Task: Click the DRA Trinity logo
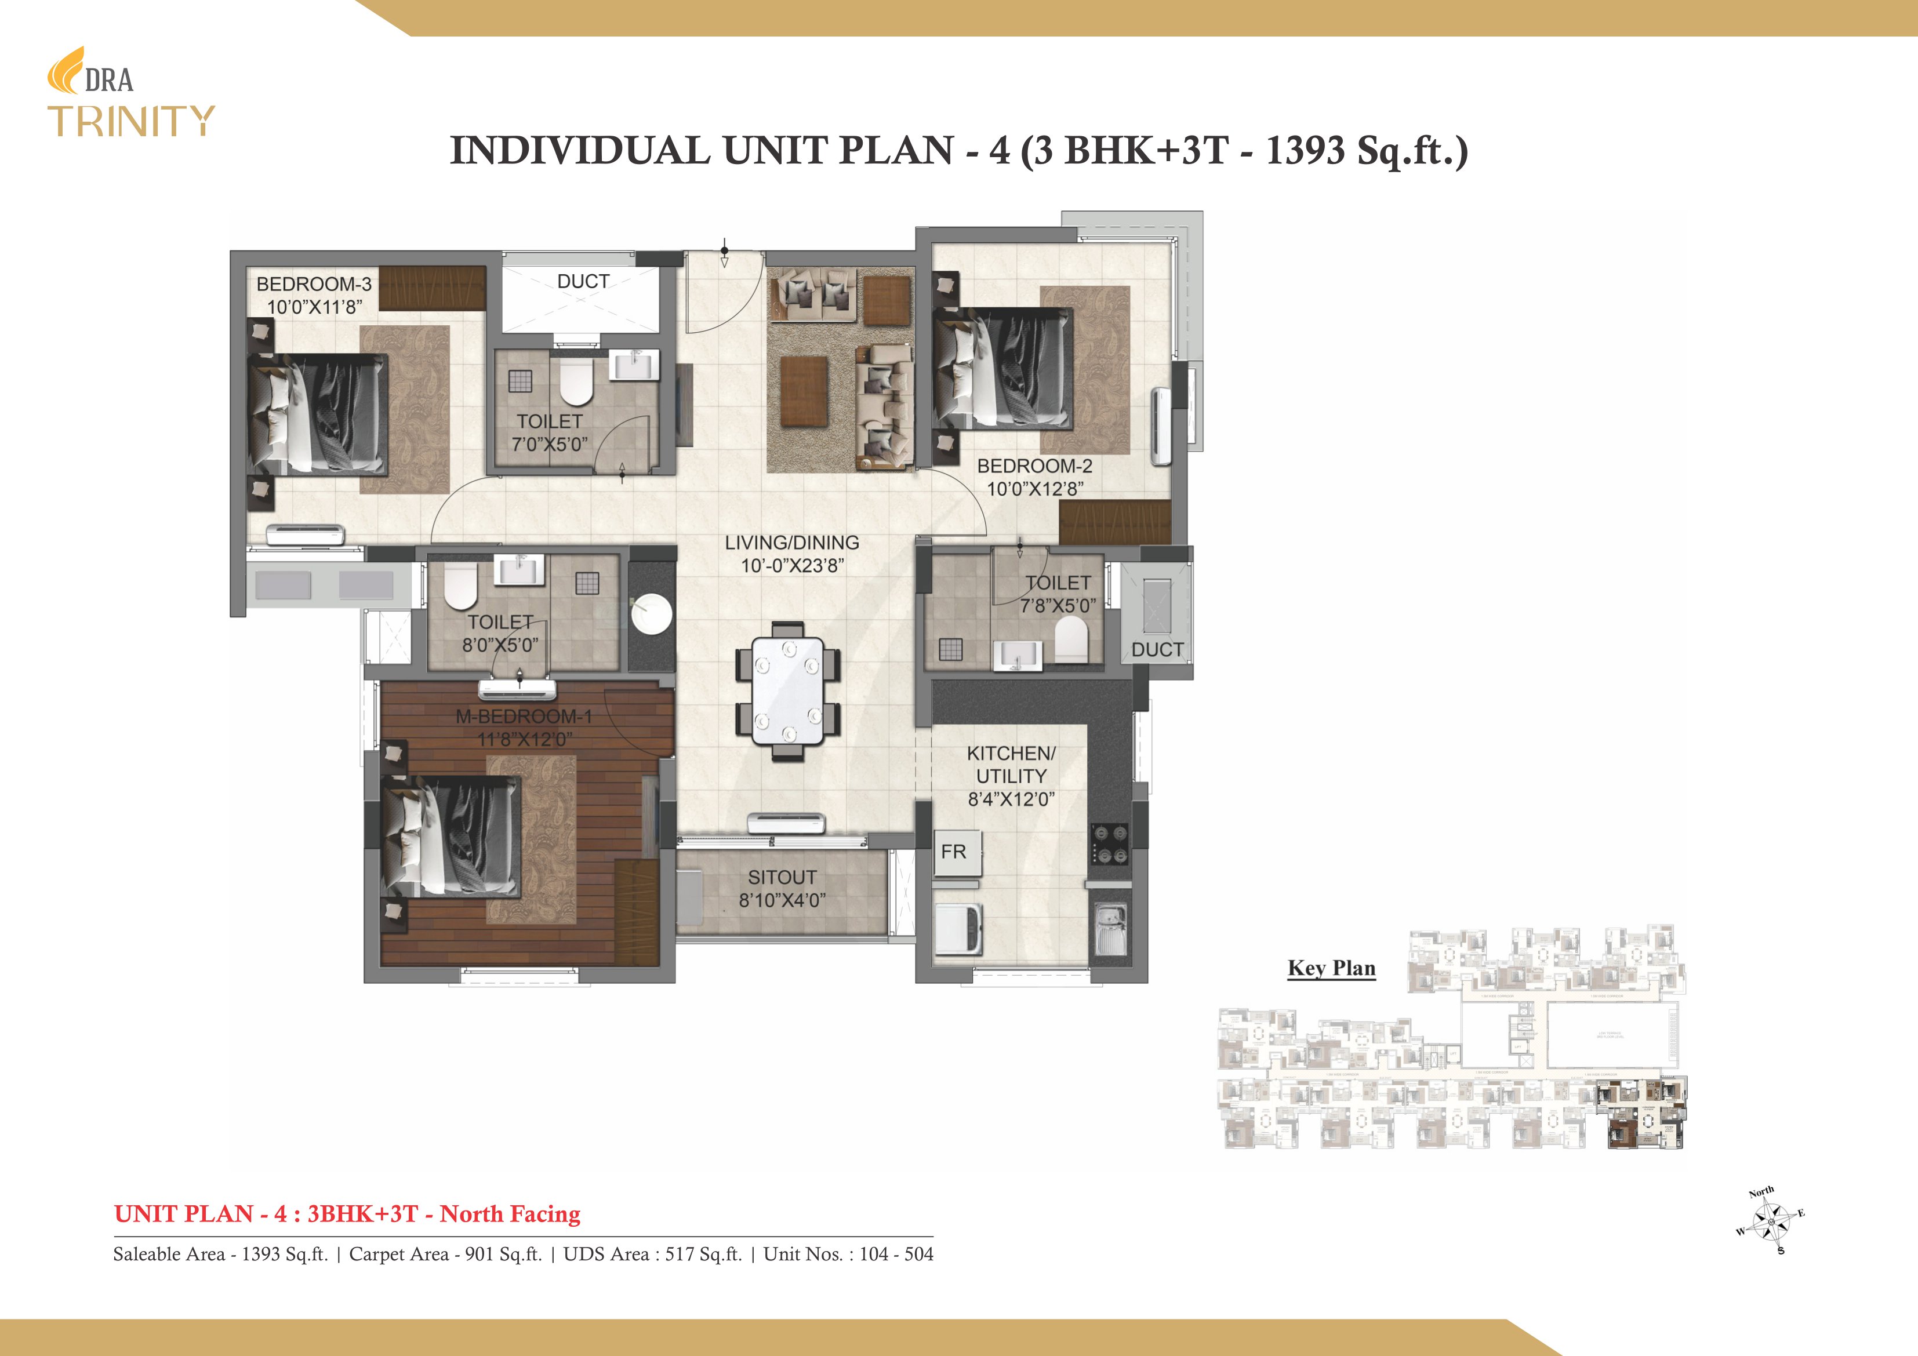(130, 93)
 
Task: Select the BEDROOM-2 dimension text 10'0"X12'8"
(1035, 489)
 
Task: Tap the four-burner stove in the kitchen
(1109, 844)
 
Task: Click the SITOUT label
(782, 877)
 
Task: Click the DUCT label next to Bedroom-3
(583, 282)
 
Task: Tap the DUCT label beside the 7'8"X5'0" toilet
(1157, 649)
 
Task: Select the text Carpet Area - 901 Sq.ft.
(445, 1254)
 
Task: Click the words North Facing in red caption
(510, 1214)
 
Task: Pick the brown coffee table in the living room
(804, 391)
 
